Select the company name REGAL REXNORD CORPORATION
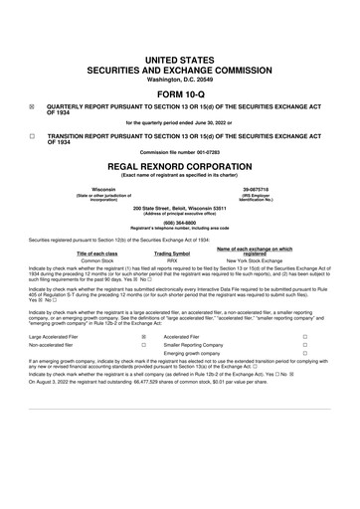coord(180,167)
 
